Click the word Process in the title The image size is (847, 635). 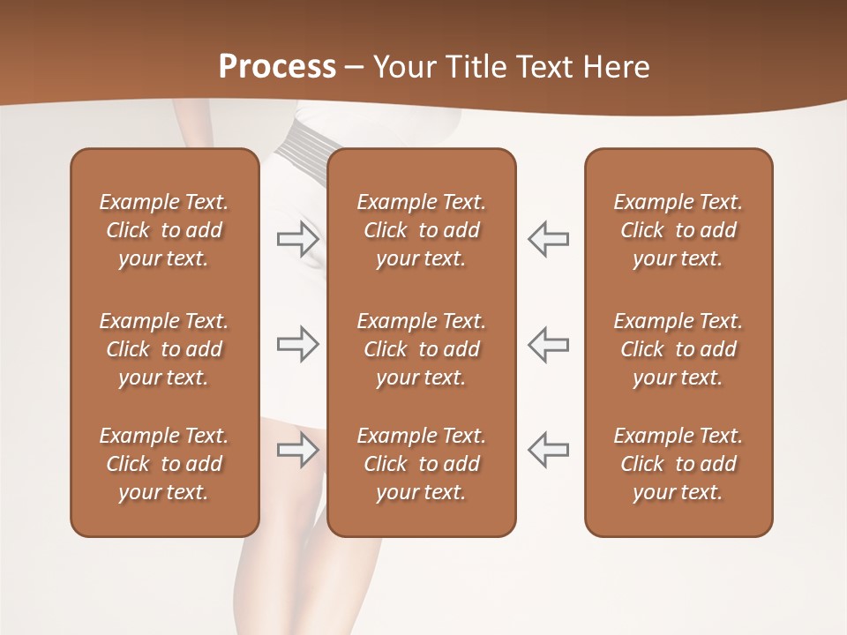point(277,67)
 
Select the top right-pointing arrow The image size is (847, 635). point(297,239)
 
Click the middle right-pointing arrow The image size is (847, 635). point(297,344)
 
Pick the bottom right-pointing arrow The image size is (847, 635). point(297,450)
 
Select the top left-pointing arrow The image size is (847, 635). point(548,239)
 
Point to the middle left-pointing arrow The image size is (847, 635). point(548,344)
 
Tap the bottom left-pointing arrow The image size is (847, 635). point(548,450)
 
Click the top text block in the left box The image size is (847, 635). point(164,230)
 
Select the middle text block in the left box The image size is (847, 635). point(164,349)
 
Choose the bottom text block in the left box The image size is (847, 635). point(164,464)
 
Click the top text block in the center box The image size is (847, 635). point(421,230)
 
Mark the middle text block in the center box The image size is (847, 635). point(421,349)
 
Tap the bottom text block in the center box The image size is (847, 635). point(421,464)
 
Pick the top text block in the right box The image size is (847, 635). point(678,230)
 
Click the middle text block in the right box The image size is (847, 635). point(678,349)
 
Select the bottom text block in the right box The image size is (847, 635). point(678,464)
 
